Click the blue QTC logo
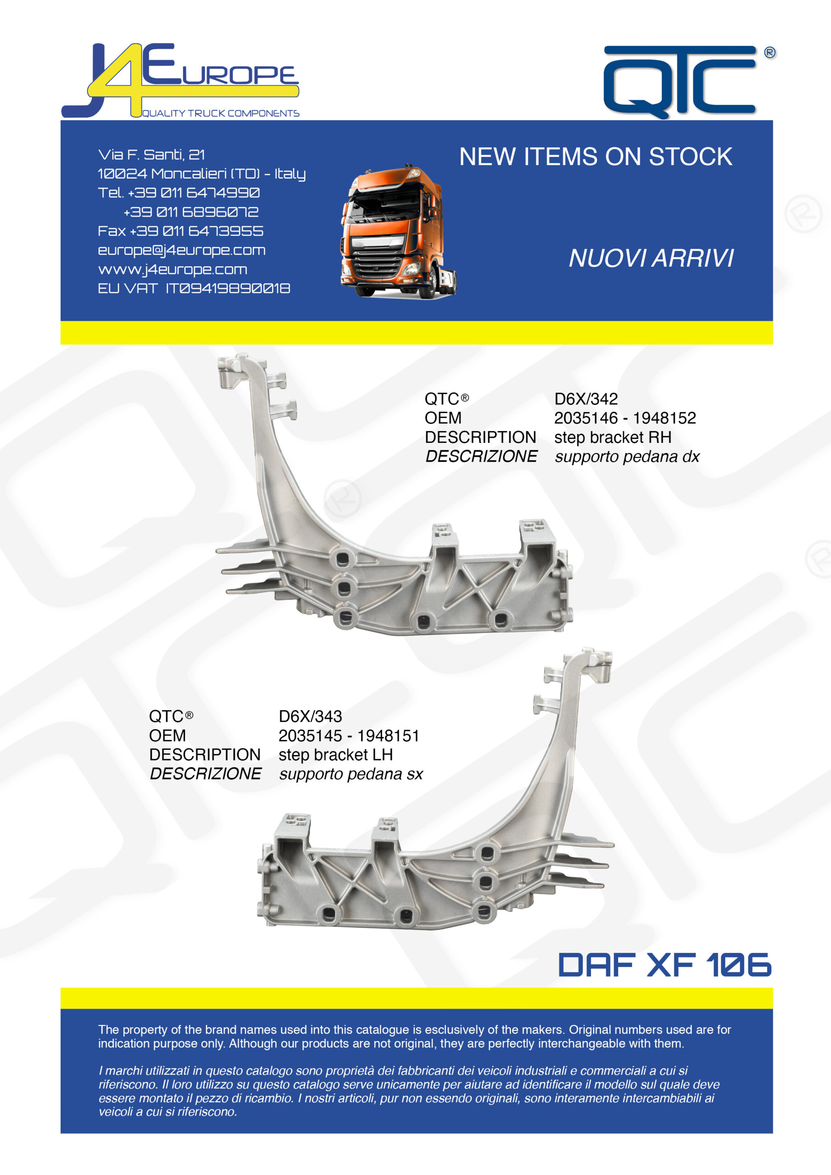[x=680, y=82]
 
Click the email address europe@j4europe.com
[x=182, y=250]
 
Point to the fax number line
[x=181, y=231]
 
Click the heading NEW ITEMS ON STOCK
[x=596, y=157]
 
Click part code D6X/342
[x=586, y=399]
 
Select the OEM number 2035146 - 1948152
[x=625, y=418]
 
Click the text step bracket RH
[x=613, y=437]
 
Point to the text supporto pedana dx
[x=627, y=457]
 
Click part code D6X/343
[x=310, y=716]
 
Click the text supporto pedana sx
[x=351, y=774]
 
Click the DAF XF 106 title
[x=665, y=965]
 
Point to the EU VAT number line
[x=194, y=289]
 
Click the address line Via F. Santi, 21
[x=151, y=155]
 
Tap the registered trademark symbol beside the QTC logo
[x=770, y=53]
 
